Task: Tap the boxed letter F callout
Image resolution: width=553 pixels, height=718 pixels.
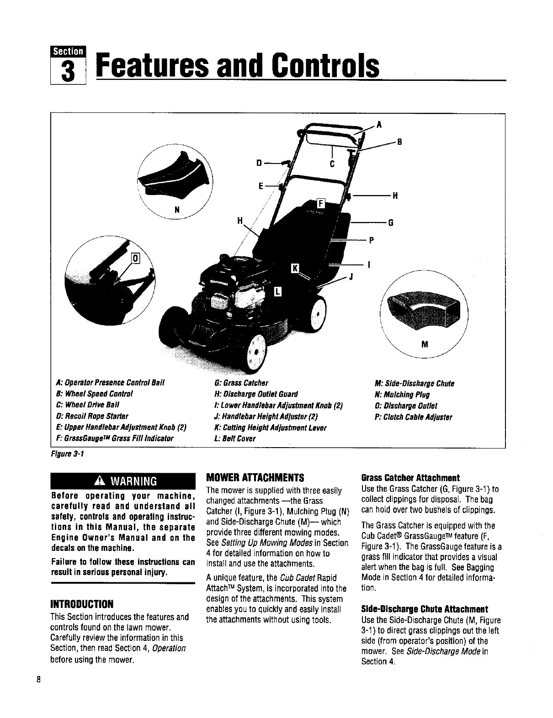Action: click(x=320, y=204)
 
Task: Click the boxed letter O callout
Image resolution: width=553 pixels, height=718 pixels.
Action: click(x=135, y=260)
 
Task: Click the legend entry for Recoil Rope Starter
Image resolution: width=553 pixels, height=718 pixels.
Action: click(x=92, y=416)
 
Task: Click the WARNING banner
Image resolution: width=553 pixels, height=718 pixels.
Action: click(x=123, y=481)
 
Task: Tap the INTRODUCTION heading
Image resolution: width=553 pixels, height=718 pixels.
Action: click(x=82, y=604)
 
